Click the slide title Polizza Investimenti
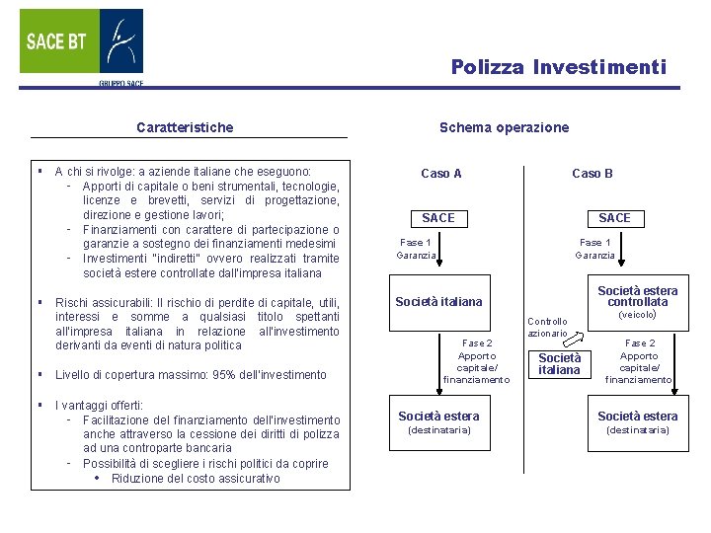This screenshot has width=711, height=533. coord(559,67)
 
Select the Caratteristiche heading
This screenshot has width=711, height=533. coord(185,127)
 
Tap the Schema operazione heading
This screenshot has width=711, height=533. coord(504,127)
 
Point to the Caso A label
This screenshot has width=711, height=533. coord(440,174)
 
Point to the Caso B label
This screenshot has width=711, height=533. coord(592,174)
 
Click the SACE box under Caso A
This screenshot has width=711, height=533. coord(438,217)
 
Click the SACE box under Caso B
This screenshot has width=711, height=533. coord(614,217)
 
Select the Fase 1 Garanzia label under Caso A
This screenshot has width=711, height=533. coord(416,249)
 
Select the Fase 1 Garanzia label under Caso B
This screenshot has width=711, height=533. coord(595,249)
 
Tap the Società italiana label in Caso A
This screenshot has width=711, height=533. coord(438,302)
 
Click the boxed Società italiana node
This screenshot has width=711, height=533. coord(560,363)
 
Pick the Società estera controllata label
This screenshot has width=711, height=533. coord(638,296)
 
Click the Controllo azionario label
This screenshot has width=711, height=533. coord(547,328)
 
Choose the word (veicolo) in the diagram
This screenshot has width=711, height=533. coord(637,316)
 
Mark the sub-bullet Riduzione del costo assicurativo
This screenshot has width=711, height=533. coord(196,479)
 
